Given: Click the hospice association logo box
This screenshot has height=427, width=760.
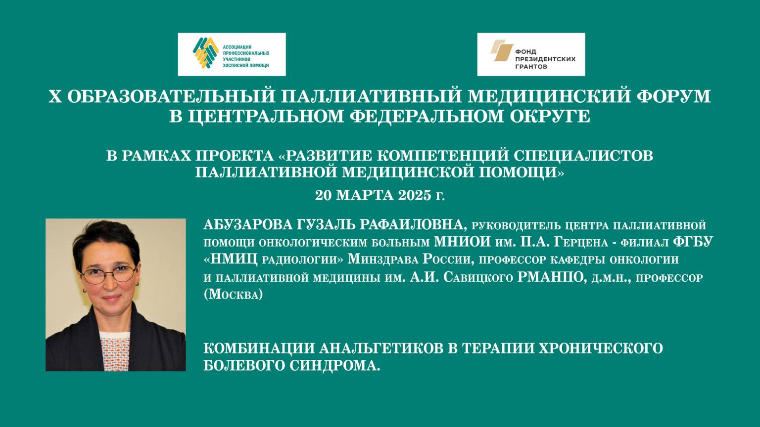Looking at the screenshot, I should pyautogui.click(x=232, y=54).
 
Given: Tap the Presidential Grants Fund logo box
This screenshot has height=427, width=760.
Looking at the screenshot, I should pyautogui.click(x=531, y=54).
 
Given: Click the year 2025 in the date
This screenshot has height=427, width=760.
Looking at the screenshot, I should pyautogui.click(x=415, y=195).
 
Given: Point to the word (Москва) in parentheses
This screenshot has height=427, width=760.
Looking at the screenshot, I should pyautogui.click(x=233, y=295).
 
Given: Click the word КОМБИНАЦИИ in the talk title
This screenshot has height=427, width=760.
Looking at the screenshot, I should pyautogui.click(x=259, y=348).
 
